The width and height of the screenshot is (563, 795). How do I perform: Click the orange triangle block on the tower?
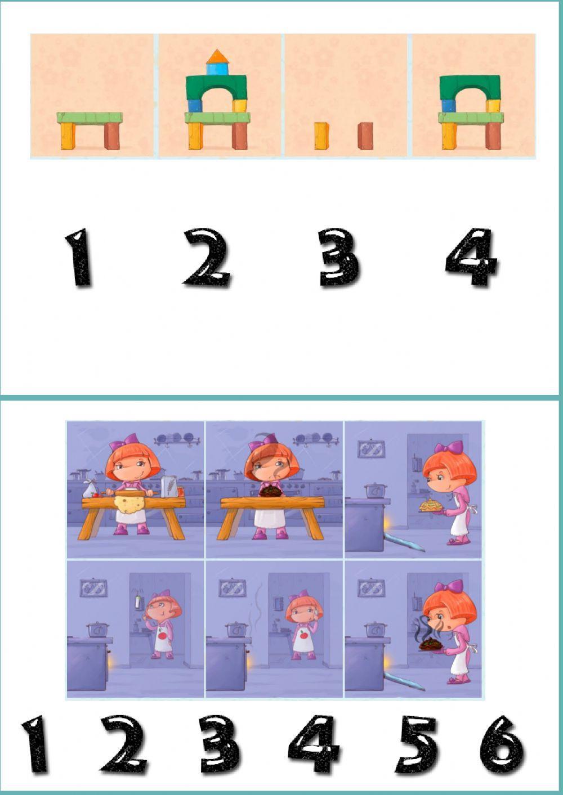(216, 56)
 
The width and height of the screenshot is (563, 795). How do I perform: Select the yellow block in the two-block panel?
(321, 136)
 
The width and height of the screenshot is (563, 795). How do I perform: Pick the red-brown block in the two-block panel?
(365, 136)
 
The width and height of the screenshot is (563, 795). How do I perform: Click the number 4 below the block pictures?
(471, 258)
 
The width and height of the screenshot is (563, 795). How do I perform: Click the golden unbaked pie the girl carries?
(430, 505)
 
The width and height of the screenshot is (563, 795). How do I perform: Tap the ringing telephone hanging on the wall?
(136, 599)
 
